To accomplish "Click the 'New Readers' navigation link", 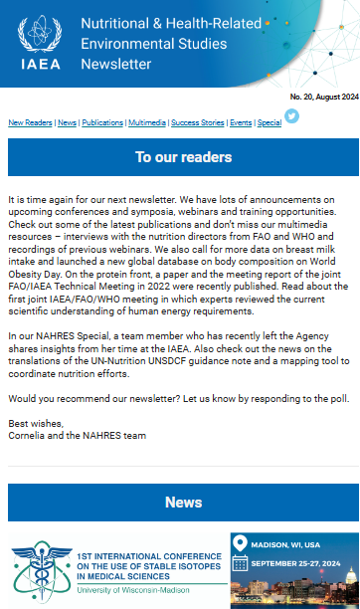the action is [30, 122].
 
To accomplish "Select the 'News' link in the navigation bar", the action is [68, 122].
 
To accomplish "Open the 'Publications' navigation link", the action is [103, 122].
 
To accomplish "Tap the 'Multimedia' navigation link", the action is [147, 122].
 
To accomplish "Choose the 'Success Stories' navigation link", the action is [195, 122].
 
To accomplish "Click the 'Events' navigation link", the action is [240, 122].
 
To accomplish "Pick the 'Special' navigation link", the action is [269, 122].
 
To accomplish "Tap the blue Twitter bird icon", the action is [291, 115].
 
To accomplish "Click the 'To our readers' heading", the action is [184, 157].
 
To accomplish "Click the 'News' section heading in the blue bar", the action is [184, 503].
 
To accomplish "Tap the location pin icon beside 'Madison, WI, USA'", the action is [240, 543].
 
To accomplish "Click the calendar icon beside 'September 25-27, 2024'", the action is [240, 564].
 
